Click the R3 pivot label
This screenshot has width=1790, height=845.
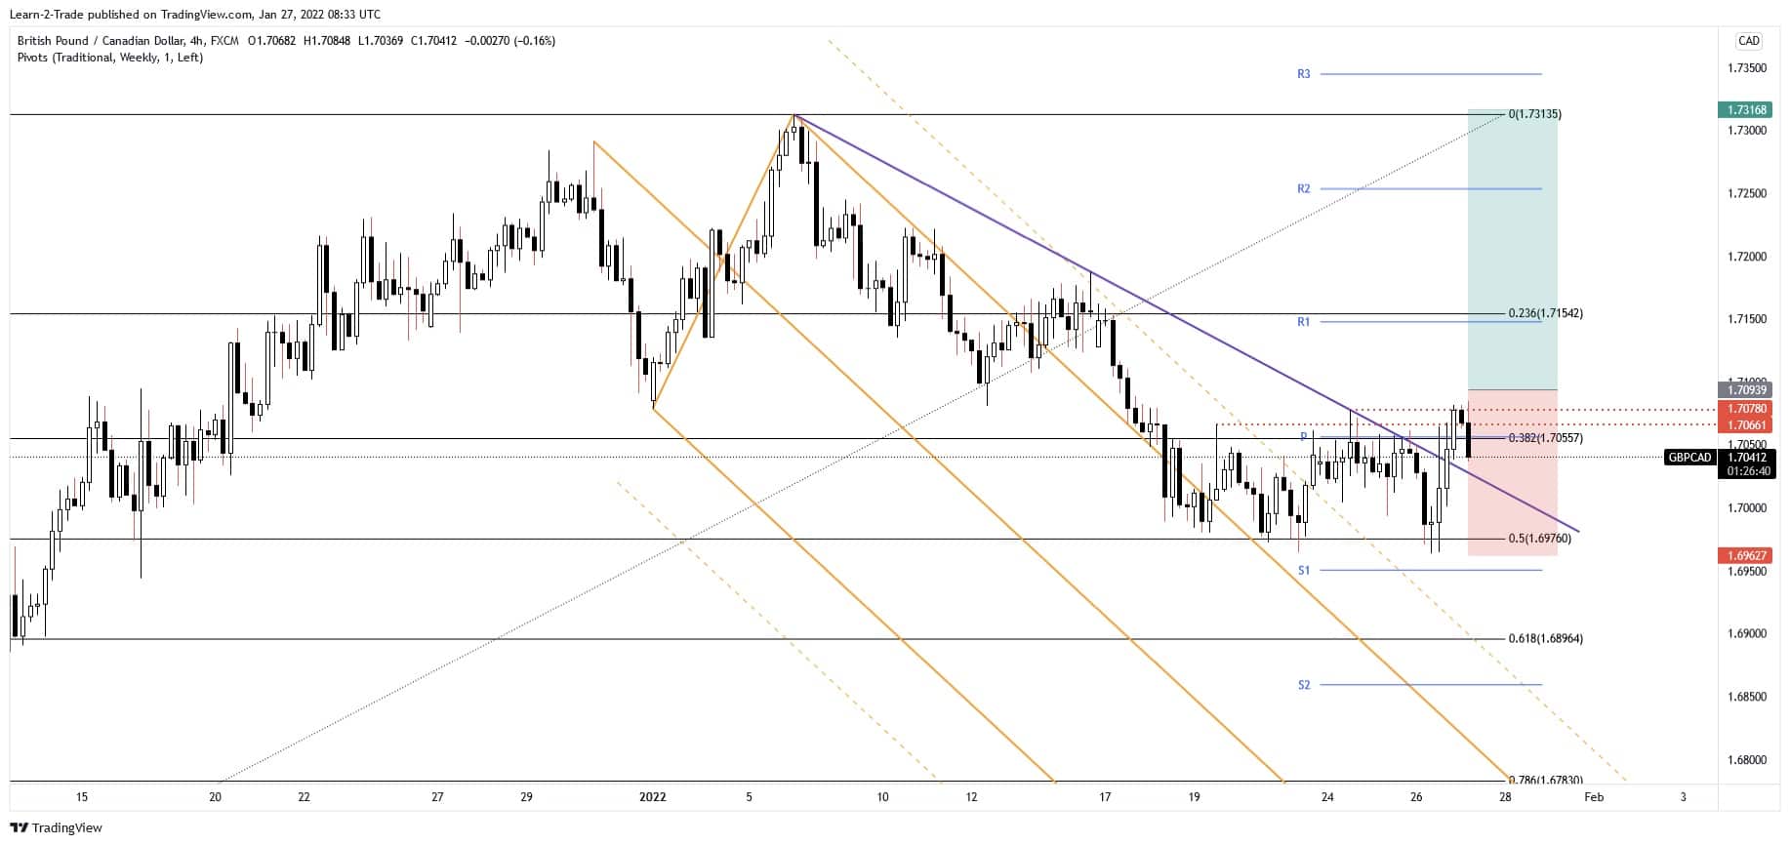[1303, 74]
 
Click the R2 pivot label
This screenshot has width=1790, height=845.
[1303, 189]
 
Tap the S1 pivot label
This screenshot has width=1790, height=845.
[1303, 571]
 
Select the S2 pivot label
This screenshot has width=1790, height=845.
[1303, 686]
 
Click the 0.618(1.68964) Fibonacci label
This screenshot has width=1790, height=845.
[1545, 639]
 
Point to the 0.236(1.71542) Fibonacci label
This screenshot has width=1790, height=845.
[1545, 314]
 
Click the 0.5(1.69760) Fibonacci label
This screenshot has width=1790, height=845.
[1539, 539]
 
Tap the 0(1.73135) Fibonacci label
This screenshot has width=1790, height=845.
[1534, 115]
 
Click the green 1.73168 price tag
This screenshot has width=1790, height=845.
[1744, 110]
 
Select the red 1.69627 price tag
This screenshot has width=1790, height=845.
[1744, 556]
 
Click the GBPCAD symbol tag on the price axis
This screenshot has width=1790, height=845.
[1689, 458]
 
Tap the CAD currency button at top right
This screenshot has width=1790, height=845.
[1748, 41]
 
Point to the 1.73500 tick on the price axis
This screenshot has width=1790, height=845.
[1746, 68]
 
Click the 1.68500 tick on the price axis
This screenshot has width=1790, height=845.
[1746, 698]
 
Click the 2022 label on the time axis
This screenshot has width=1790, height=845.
[652, 797]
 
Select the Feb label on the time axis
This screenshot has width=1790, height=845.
[1593, 797]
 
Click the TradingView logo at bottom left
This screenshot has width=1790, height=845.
[56, 828]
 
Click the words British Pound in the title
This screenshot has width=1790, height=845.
[52, 41]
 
